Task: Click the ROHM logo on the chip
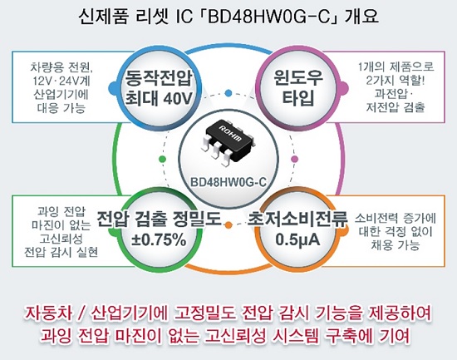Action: pyautogui.click(x=230, y=133)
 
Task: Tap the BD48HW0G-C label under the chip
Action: pyautogui.click(x=228, y=182)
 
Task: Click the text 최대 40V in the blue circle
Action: pyautogui.click(x=159, y=98)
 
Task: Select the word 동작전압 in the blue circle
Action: pyautogui.click(x=159, y=78)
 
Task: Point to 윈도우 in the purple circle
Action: pyautogui.click(x=298, y=77)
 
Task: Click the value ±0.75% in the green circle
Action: pyautogui.click(x=159, y=239)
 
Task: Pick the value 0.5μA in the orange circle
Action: pyautogui.click(x=297, y=239)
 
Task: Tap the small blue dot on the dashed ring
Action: pyautogui.click(x=228, y=93)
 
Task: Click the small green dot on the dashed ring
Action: pyautogui.click(x=163, y=159)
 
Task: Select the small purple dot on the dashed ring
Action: pyautogui.click(x=295, y=159)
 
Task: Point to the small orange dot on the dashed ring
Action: pyautogui.click(x=228, y=225)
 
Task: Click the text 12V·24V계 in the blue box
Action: pyautogui.click(x=61, y=81)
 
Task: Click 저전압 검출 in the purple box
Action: pyautogui.click(x=396, y=107)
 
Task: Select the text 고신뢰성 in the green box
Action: pyautogui.click(x=61, y=239)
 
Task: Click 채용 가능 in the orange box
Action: pyautogui.click(x=396, y=244)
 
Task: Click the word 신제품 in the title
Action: pyautogui.click(x=104, y=17)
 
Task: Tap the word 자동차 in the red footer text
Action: pyautogui.click(x=49, y=313)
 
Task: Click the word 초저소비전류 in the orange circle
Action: pyautogui.click(x=297, y=219)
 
